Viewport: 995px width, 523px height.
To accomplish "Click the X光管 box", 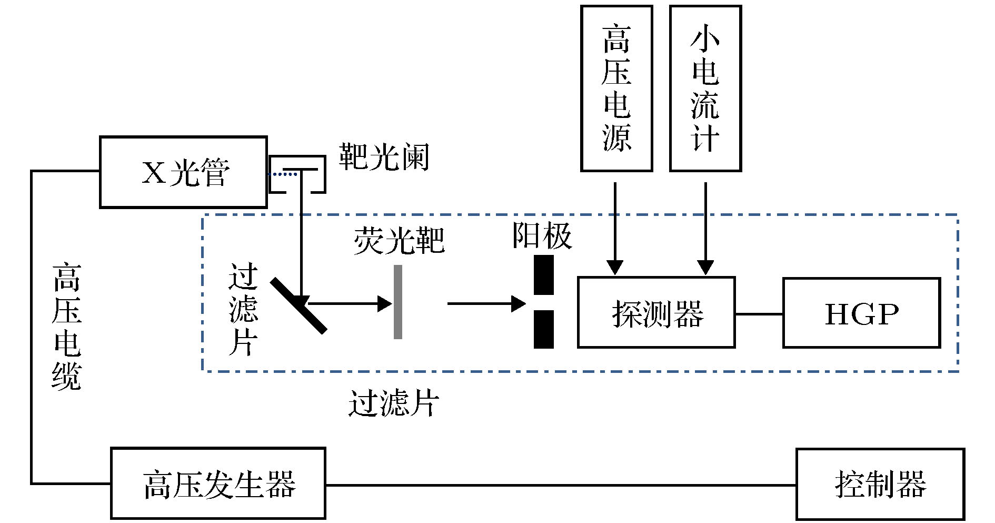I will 183,172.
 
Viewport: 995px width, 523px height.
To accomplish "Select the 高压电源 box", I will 616,88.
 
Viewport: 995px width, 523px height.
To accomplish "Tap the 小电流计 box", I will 705,88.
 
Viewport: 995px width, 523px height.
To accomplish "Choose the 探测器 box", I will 656,313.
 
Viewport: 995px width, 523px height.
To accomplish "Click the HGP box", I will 861,313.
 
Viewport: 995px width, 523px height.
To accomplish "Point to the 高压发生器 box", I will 218,483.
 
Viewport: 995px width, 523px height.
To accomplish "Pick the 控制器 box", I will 880,484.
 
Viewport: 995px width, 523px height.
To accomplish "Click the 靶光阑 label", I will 384,156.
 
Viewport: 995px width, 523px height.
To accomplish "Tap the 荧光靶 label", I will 399,241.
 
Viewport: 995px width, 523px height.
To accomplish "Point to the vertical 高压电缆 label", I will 67,327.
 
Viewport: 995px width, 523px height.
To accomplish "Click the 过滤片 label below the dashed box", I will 393,404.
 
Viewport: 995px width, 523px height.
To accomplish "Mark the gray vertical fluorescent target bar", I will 398,302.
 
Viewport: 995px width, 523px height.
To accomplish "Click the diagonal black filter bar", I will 299,306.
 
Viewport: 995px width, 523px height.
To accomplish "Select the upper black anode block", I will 544,275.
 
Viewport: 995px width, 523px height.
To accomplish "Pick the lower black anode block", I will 544,329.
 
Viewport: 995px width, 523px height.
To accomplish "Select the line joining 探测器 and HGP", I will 759,314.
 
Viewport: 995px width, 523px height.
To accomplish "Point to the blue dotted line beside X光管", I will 283,174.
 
